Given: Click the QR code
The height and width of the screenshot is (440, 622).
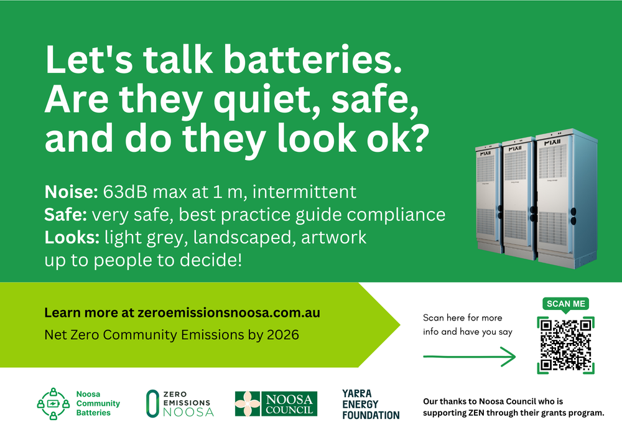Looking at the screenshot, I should coord(565,345).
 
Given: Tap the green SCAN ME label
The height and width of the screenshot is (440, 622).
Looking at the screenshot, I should coord(565,304).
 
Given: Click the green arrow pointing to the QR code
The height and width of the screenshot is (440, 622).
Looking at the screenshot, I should coord(470,357).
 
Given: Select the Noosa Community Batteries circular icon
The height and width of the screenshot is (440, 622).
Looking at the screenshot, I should coord(53,403).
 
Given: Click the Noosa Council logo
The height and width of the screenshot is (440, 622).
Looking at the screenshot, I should coord(276,404).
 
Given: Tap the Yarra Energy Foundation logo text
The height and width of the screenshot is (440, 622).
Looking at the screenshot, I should coord(370,404).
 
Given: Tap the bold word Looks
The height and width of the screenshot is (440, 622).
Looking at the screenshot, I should coord(71,237).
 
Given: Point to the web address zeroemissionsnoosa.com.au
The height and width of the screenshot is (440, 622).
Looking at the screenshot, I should coord(229,313).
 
